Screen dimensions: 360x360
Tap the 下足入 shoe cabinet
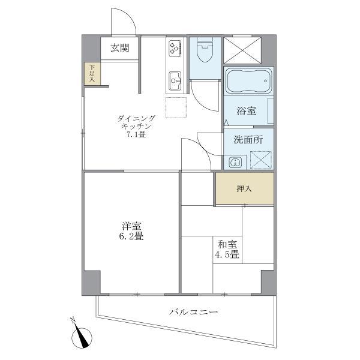tap(92, 74)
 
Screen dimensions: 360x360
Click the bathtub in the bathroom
tap(249, 80)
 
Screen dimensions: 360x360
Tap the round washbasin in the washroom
tap(236, 161)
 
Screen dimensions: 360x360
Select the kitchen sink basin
tap(175, 78)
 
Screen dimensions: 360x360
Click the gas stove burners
tap(175, 47)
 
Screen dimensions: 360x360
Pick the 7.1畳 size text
tap(136, 136)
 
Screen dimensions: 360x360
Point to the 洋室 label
tap(131, 226)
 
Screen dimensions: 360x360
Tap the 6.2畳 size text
tap(131, 237)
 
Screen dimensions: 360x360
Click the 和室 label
tap(227, 244)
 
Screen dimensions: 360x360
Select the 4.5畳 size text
tap(227, 255)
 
